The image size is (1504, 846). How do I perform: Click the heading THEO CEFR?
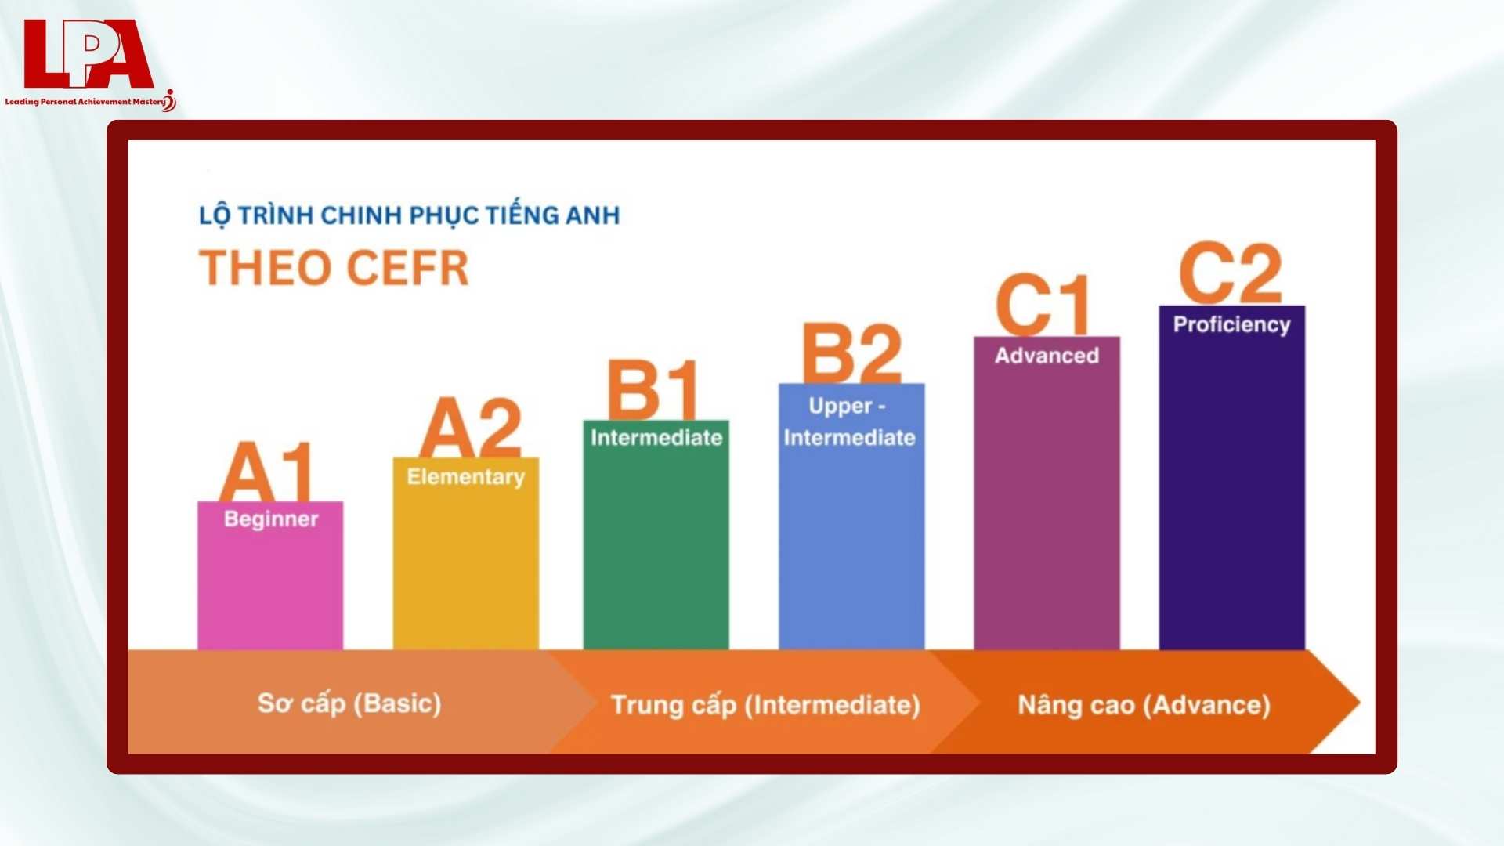pyautogui.click(x=334, y=268)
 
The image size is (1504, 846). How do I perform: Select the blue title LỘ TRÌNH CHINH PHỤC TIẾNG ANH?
pyautogui.click(x=409, y=215)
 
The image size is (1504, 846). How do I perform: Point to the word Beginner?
pyautogui.click(x=271, y=519)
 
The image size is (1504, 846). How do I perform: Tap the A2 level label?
pyautogui.click(x=470, y=428)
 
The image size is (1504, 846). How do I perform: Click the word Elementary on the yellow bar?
pyautogui.click(x=465, y=477)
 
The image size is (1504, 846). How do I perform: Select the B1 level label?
pyautogui.click(x=653, y=390)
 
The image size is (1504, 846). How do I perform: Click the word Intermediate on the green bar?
pyautogui.click(x=656, y=438)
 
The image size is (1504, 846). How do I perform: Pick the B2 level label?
pyautogui.click(x=851, y=353)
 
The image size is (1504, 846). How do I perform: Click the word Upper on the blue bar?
pyautogui.click(x=840, y=407)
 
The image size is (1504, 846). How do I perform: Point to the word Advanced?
pyautogui.click(x=1047, y=356)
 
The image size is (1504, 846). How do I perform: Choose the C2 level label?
pyautogui.click(x=1230, y=273)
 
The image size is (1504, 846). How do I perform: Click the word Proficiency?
pyautogui.click(x=1231, y=325)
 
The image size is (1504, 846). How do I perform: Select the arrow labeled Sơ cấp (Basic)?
pyautogui.click(x=349, y=703)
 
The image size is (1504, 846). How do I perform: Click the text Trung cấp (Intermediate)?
pyautogui.click(x=765, y=705)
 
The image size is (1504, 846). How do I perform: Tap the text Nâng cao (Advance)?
pyautogui.click(x=1144, y=705)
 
